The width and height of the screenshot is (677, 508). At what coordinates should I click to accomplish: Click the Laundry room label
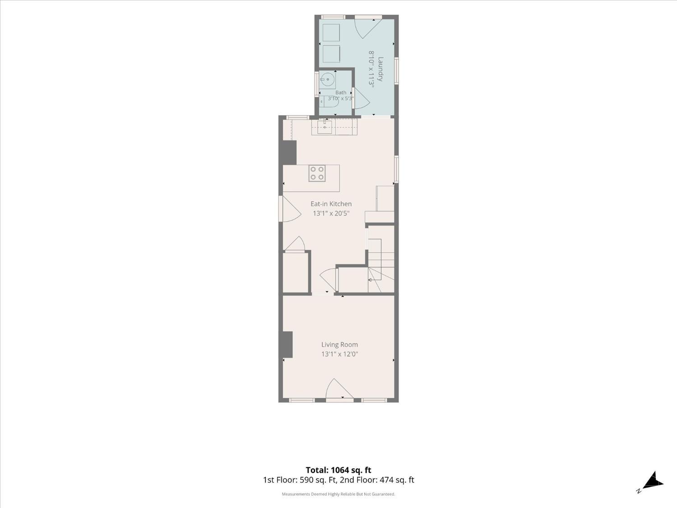point(380,69)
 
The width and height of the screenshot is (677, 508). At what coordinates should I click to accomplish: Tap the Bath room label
point(341,93)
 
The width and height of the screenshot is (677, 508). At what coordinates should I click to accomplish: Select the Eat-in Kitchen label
point(331,204)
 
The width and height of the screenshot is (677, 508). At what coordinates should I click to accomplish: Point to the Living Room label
point(339,345)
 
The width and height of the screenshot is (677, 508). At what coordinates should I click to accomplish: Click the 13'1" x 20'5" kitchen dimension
point(331,214)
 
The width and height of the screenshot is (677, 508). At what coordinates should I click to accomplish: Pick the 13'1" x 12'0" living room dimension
point(339,354)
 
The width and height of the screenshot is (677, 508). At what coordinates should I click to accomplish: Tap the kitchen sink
point(325,127)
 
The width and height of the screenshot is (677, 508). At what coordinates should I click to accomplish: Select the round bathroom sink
point(328,79)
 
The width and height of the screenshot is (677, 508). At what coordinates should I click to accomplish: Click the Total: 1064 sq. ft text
point(338,470)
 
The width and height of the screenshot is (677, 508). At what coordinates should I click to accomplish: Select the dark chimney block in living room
point(287,345)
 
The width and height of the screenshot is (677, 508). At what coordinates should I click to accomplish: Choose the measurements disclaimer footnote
point(338,494)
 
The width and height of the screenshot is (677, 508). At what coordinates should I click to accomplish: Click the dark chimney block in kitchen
point(290,153)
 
